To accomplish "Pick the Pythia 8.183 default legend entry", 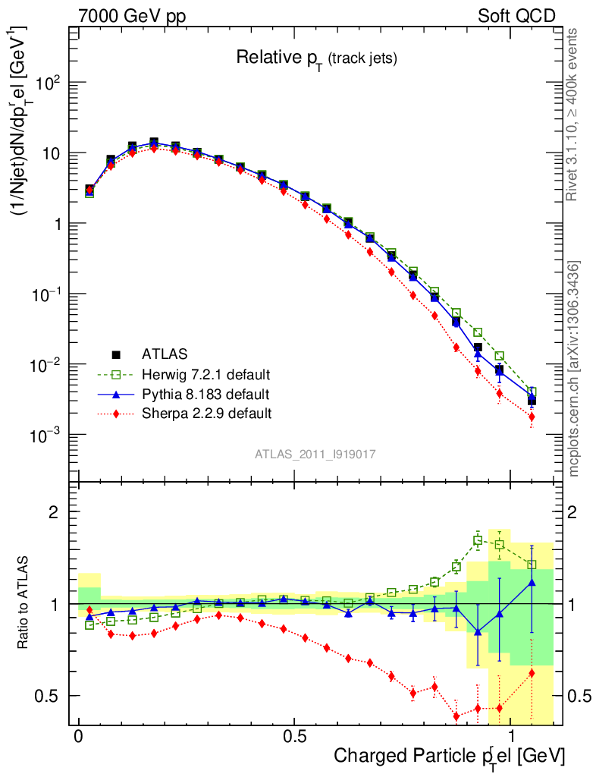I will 205,395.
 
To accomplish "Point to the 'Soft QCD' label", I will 516,16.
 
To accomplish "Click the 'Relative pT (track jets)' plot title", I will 316,58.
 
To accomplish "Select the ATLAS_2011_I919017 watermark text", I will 315,454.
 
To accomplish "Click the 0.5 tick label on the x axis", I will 294,738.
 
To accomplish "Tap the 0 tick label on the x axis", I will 79,738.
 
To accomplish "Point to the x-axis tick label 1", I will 510,738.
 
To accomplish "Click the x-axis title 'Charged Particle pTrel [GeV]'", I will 449,756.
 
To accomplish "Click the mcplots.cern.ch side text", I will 575,369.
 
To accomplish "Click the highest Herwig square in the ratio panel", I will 478,540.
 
